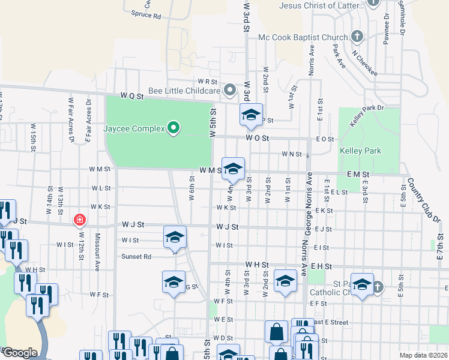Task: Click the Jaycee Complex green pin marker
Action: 173,128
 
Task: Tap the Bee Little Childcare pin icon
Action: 229,91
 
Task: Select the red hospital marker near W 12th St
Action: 79,221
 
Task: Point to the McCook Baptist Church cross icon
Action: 357,37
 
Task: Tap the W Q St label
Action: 133,95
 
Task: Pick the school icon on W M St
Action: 234,169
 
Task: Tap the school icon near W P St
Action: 251,115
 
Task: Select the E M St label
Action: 357,173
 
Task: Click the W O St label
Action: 257,138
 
